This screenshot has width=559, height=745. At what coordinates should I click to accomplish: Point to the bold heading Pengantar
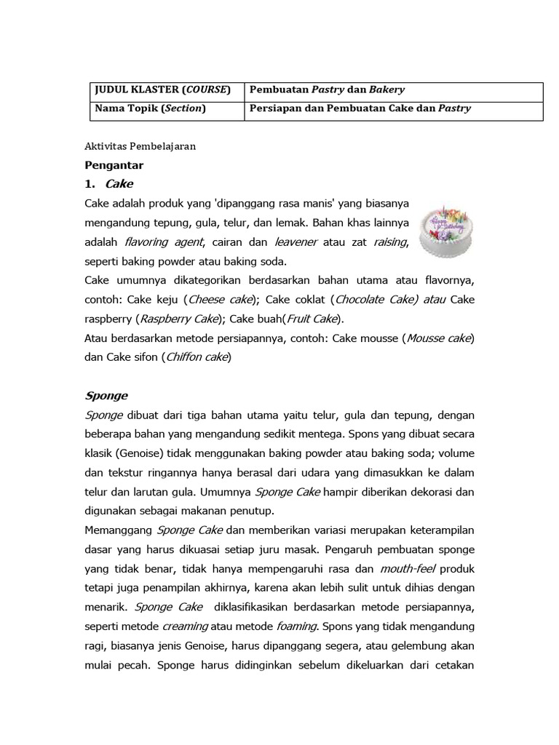point(114,165)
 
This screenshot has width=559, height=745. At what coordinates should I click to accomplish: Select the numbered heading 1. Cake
point(108,184)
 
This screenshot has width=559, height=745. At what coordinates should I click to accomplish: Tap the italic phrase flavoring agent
point(164,242)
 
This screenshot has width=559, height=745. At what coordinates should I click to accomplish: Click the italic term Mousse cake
point(439,338)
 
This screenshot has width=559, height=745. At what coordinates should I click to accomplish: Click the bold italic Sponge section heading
point(106,396)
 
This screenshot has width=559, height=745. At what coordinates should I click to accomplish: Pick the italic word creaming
point(185,626)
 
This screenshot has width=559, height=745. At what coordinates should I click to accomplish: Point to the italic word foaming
point(297,626)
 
